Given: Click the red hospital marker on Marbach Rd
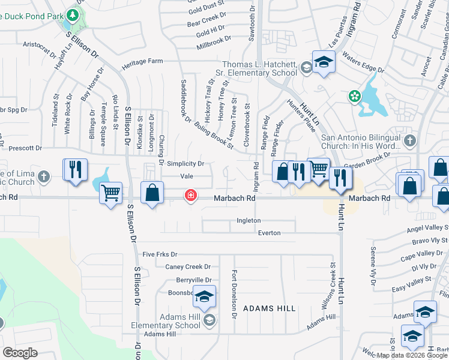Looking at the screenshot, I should click(x=191, y=196).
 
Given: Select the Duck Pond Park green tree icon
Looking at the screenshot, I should click(x=73, y=14).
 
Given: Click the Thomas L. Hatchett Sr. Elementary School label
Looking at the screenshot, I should click(x=259, y=68).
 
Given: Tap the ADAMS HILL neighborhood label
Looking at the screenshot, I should click(x=269, y=308).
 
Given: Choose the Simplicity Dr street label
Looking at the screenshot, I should click(x=185, y=163).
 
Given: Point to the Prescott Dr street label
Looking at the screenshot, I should click(x=25, y=148).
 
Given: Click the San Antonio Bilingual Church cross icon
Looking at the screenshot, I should click(x=409, y=141).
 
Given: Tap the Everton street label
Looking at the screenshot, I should click(x=270, y=232).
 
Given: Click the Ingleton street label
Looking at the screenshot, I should click(x=249, y=220).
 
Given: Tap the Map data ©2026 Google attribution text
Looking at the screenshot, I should click(x=412, y=355).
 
